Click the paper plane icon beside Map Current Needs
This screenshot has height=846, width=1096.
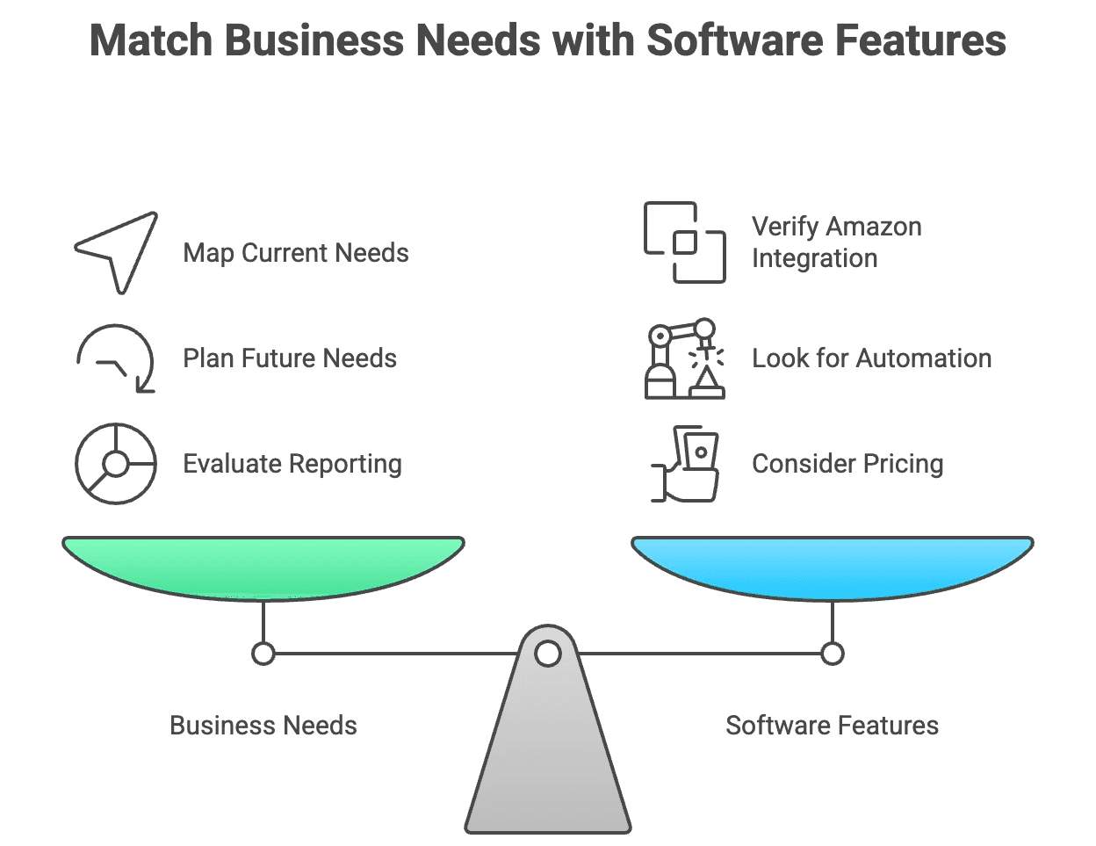(x=117, y=251)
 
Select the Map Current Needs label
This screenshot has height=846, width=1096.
(x=295, y=253)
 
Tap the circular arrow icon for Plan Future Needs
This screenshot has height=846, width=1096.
(x=116, y=358)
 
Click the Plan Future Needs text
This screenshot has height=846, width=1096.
(x=289, y=358)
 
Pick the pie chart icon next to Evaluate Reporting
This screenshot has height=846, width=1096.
(x=116, y=464)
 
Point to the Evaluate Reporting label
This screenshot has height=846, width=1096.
(x=292, y=464)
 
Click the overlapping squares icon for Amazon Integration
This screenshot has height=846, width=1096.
(x=685, y=242)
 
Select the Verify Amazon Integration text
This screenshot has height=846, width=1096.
(x=835, y=242)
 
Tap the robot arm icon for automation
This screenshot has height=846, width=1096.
(x=685, y=358)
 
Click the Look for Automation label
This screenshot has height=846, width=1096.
(x=871, y=358)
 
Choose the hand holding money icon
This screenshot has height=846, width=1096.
(x=686, y=464)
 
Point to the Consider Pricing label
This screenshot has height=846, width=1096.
(x=847, y=464)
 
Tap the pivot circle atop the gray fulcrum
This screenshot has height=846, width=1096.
(x=548, y=654)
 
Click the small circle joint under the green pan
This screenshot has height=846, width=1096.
(x=263, y=654)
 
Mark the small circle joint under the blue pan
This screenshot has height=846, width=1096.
(x=833, y=654)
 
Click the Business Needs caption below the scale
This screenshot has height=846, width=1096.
(x=263, y=726)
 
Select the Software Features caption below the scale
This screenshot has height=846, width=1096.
(x=832, y=726)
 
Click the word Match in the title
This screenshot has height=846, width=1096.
(x=151, y=40)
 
